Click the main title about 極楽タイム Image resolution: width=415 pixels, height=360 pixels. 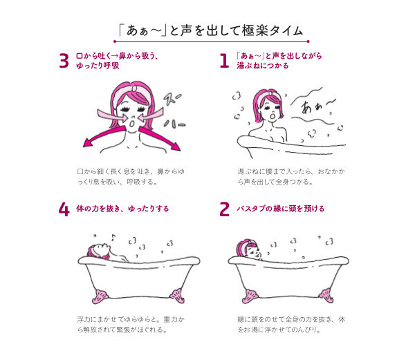point(207,30)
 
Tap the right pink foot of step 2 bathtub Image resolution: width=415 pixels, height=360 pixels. point(333,298)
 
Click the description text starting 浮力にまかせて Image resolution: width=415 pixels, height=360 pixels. point(123,325)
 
